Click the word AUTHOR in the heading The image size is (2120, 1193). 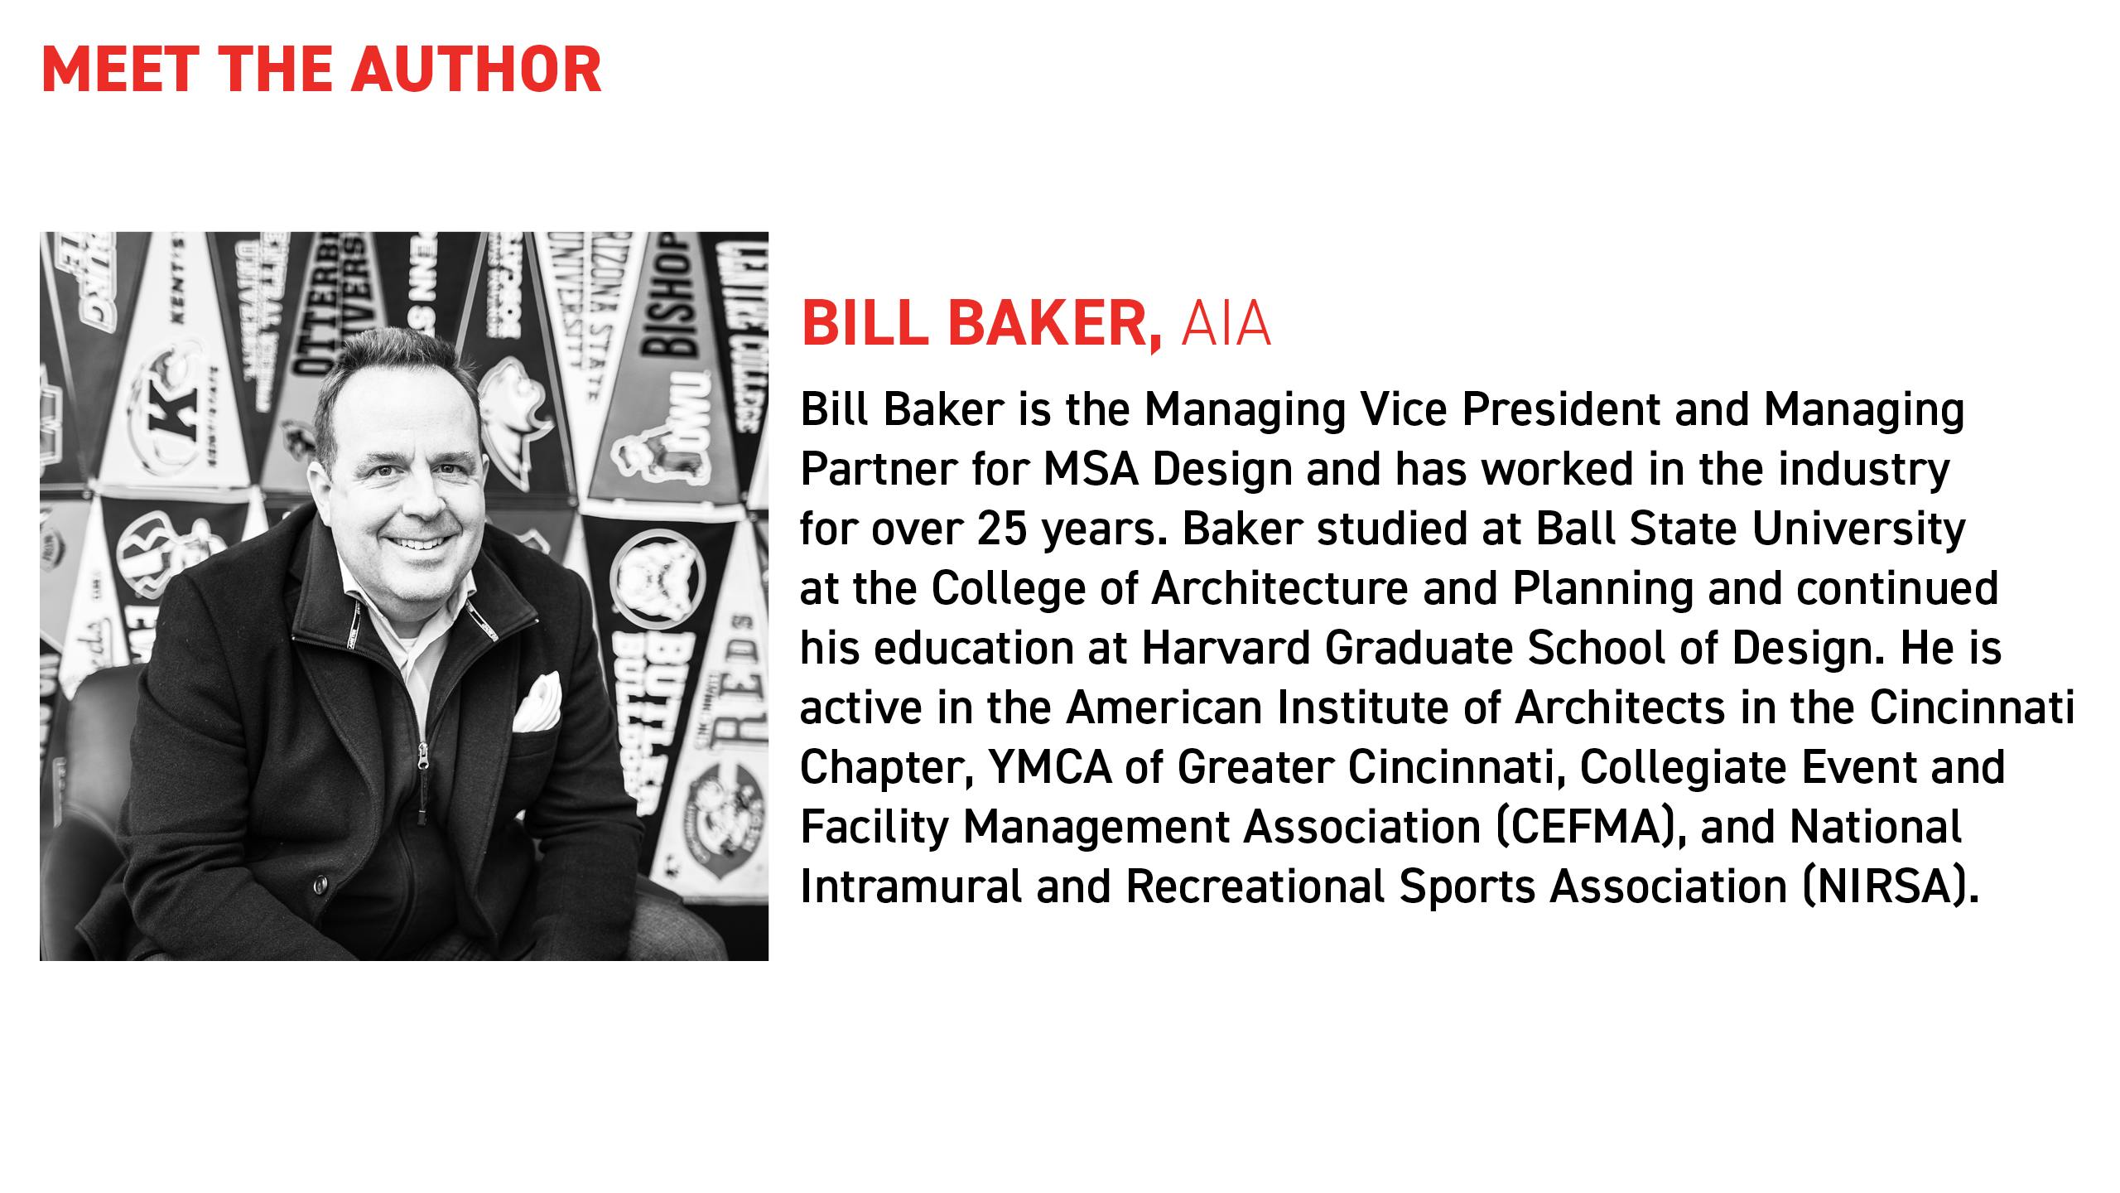pyautogui.click(x=476, y=70)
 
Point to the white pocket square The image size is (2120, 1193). pyautogui.click(x=536, y=703)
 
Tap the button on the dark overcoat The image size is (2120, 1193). pyautogui.click(x=320, y=887)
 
